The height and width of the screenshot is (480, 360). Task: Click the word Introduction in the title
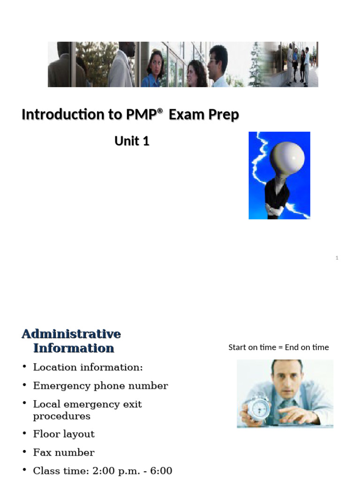(x=56, y=114)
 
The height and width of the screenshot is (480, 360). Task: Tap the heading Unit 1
(x=132, y=141)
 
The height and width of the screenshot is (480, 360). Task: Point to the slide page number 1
(x=337, y=258)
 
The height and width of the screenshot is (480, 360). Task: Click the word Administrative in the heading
(x=71, y=334)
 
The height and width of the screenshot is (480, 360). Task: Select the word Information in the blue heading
(x=74, y=348)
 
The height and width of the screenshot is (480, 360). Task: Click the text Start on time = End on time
(x=278, y=347)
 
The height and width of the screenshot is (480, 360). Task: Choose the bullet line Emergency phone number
(x=100, y=386)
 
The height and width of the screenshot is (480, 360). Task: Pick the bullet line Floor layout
(x=64, y=434)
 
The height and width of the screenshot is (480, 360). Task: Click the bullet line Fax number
(x=64, y=452)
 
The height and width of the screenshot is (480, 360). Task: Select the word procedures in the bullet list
(x=61, y=416)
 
